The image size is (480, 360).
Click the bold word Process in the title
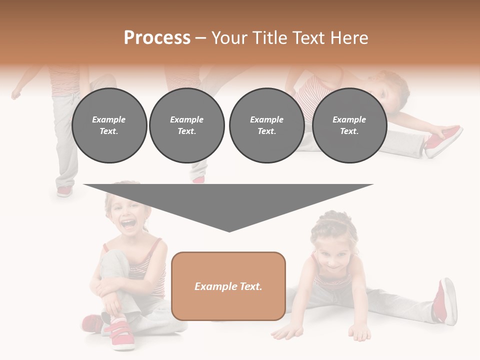coord(157,38)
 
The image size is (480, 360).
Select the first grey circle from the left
coord(109,125)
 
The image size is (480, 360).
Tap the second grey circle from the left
coord(186,125)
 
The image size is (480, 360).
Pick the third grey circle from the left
coord(266,125)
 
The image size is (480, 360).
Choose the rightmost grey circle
coord(349,125)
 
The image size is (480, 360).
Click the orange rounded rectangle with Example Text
coord(228,286)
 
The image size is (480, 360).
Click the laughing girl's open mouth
coord(128,224)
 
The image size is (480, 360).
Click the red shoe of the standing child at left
coord(64,191)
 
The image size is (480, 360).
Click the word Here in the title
coord(350,38)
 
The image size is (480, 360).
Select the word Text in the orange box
coord(248,286)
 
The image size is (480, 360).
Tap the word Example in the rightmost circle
coord(349,119)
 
